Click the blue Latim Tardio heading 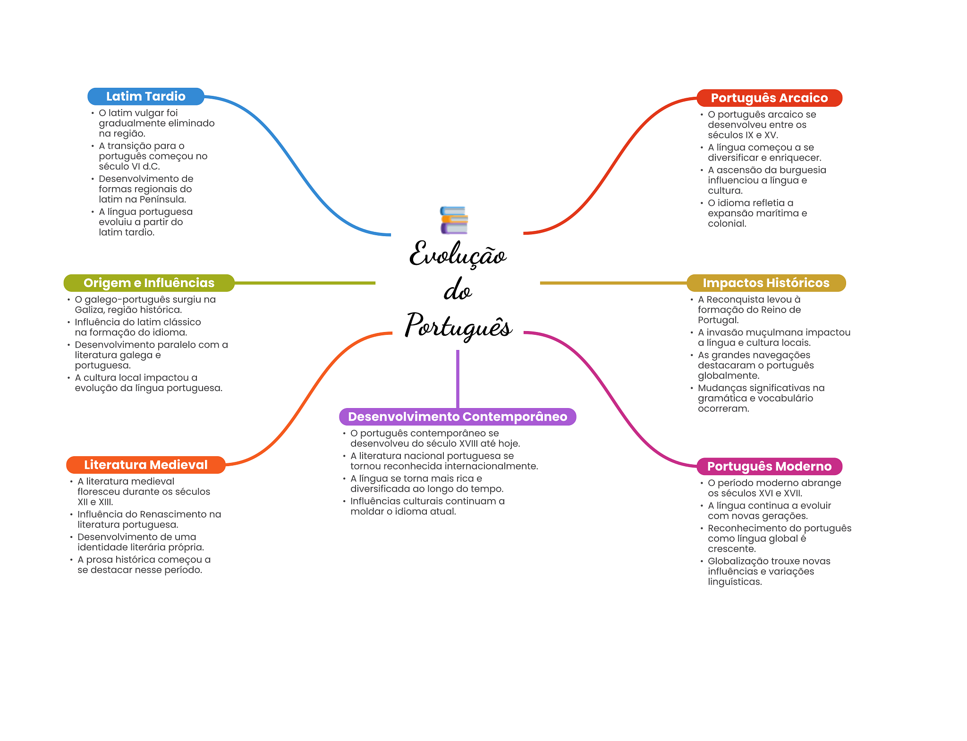click(145, 96)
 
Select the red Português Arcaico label click(769, 98)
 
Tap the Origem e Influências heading click(149, 283)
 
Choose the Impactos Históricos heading click(766, 283)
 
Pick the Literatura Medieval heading click(145, 465)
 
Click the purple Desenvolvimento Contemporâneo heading click(457, 417)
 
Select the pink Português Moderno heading click(769, 466)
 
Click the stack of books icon click(454, 220)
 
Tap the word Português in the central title click(458, 326)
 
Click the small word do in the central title click(457, 290)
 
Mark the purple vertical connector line click(458, 378)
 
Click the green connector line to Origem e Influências click(305, 283)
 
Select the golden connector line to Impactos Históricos click(613, 283)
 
